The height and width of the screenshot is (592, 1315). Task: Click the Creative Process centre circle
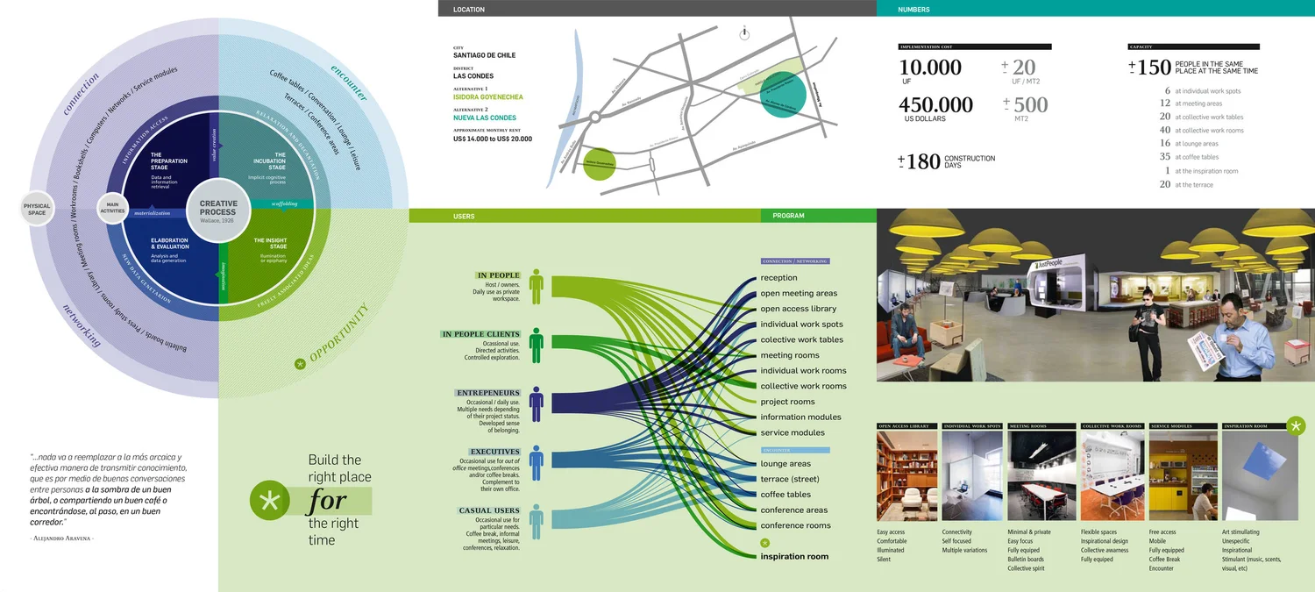pyautogui.click(x=217, y=208)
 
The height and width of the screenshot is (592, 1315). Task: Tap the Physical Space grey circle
pyautogui.click(x=37, y=209)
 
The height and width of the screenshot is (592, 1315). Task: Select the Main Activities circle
pyautogui.click(x=112, y=207)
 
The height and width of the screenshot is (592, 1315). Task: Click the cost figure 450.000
pyautogui.click(x=935, y=105)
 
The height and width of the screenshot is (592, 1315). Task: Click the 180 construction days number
pyautogui.click(x=923, y=161)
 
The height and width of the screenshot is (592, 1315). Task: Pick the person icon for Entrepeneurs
pyautogui.click(x=537, y=403)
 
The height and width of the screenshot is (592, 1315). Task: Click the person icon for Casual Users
pyautogui.click(x=537, y=522)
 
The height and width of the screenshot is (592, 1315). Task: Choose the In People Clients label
pyautogui.click(x=481, y=334)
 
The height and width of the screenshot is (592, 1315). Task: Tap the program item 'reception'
pyautogui.click(x=778, y=278)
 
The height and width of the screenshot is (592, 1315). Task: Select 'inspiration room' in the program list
pyautogui.click(x=794, y=556)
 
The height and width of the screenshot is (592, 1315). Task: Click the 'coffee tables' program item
pyautogui.click(x=785, y=495)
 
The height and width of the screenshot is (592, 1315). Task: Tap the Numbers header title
pyautogui.click(x=913, y=10)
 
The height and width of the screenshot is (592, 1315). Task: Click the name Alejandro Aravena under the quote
pyautogui.click(x=62, y=538)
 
